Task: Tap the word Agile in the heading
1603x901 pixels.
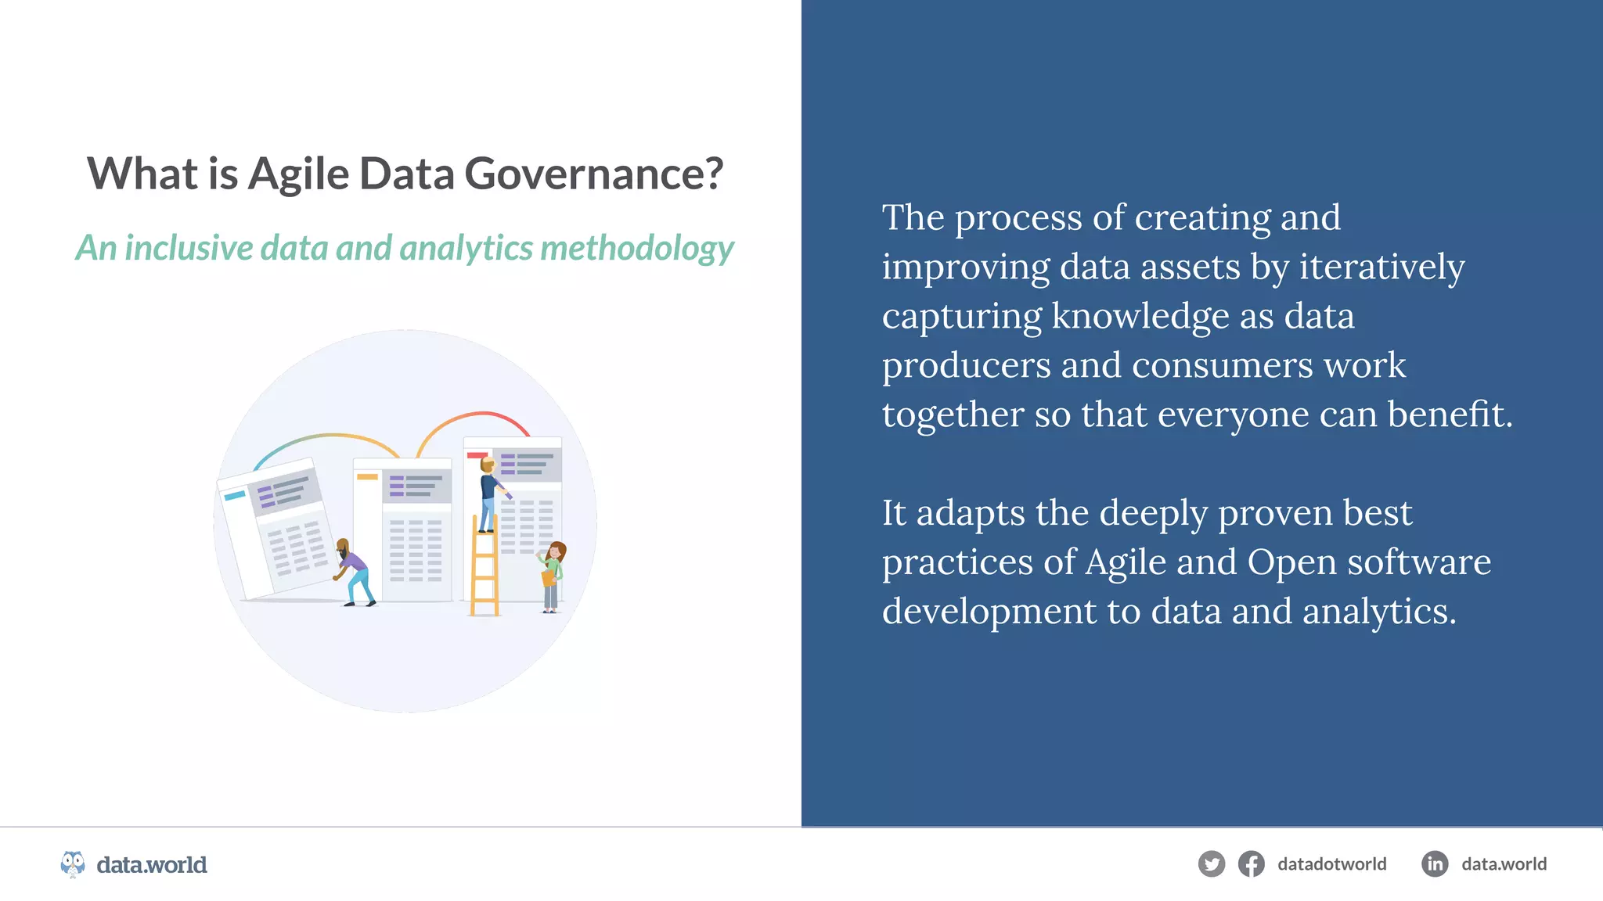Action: tap(298, 174)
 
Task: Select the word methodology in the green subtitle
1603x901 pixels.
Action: tap(636, 248)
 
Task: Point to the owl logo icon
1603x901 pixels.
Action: tap(73, 864)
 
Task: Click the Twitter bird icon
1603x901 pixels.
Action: tap(1211, 864)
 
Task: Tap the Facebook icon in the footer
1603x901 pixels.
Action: tap(1251, 864)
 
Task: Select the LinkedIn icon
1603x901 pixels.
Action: tap(1434, 864)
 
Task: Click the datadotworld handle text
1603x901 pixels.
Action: tap(1331, 864)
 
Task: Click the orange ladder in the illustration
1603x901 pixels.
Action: tap(485, 575)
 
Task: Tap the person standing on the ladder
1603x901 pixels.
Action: tap(489, 493)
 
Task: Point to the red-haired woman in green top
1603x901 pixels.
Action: tap(553, 575)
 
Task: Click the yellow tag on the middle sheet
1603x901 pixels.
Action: tap(367, 476)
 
